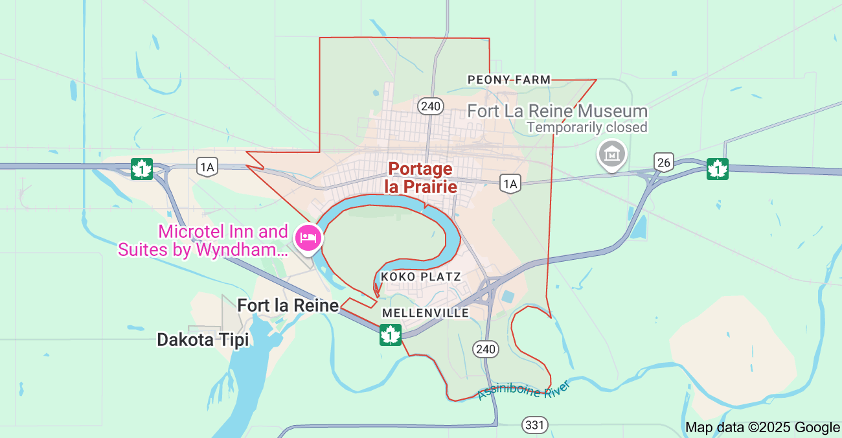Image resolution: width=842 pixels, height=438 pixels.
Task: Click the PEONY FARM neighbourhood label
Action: (509, 80)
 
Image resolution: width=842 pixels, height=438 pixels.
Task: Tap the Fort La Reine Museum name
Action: (558, 111)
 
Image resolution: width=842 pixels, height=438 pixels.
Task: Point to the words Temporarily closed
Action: (587, 128)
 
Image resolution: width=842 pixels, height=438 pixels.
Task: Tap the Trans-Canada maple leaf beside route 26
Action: (717, 168)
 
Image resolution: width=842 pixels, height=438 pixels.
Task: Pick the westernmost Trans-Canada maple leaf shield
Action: (141, 169)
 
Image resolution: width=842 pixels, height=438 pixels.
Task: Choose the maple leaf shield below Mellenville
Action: (390, 335)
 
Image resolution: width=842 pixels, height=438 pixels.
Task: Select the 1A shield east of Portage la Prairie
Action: (510, 185)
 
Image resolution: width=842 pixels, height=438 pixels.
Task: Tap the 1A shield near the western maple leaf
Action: (207, 168)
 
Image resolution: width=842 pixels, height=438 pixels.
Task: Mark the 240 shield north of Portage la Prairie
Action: (429, 106)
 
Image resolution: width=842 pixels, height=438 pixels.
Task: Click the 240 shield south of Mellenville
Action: (485, 349)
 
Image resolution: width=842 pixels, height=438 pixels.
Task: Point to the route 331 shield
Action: (534, 425)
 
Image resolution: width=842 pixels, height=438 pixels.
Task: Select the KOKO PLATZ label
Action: (421, 277)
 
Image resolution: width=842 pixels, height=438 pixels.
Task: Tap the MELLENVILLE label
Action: (426, 313)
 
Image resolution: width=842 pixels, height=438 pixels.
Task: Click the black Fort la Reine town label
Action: (288, 305)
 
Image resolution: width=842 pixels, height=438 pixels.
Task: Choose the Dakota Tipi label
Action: (203, 340)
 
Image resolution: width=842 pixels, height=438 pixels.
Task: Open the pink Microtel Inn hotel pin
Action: (308, 237)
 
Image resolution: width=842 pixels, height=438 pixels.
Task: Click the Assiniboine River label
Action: (524, 390)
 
